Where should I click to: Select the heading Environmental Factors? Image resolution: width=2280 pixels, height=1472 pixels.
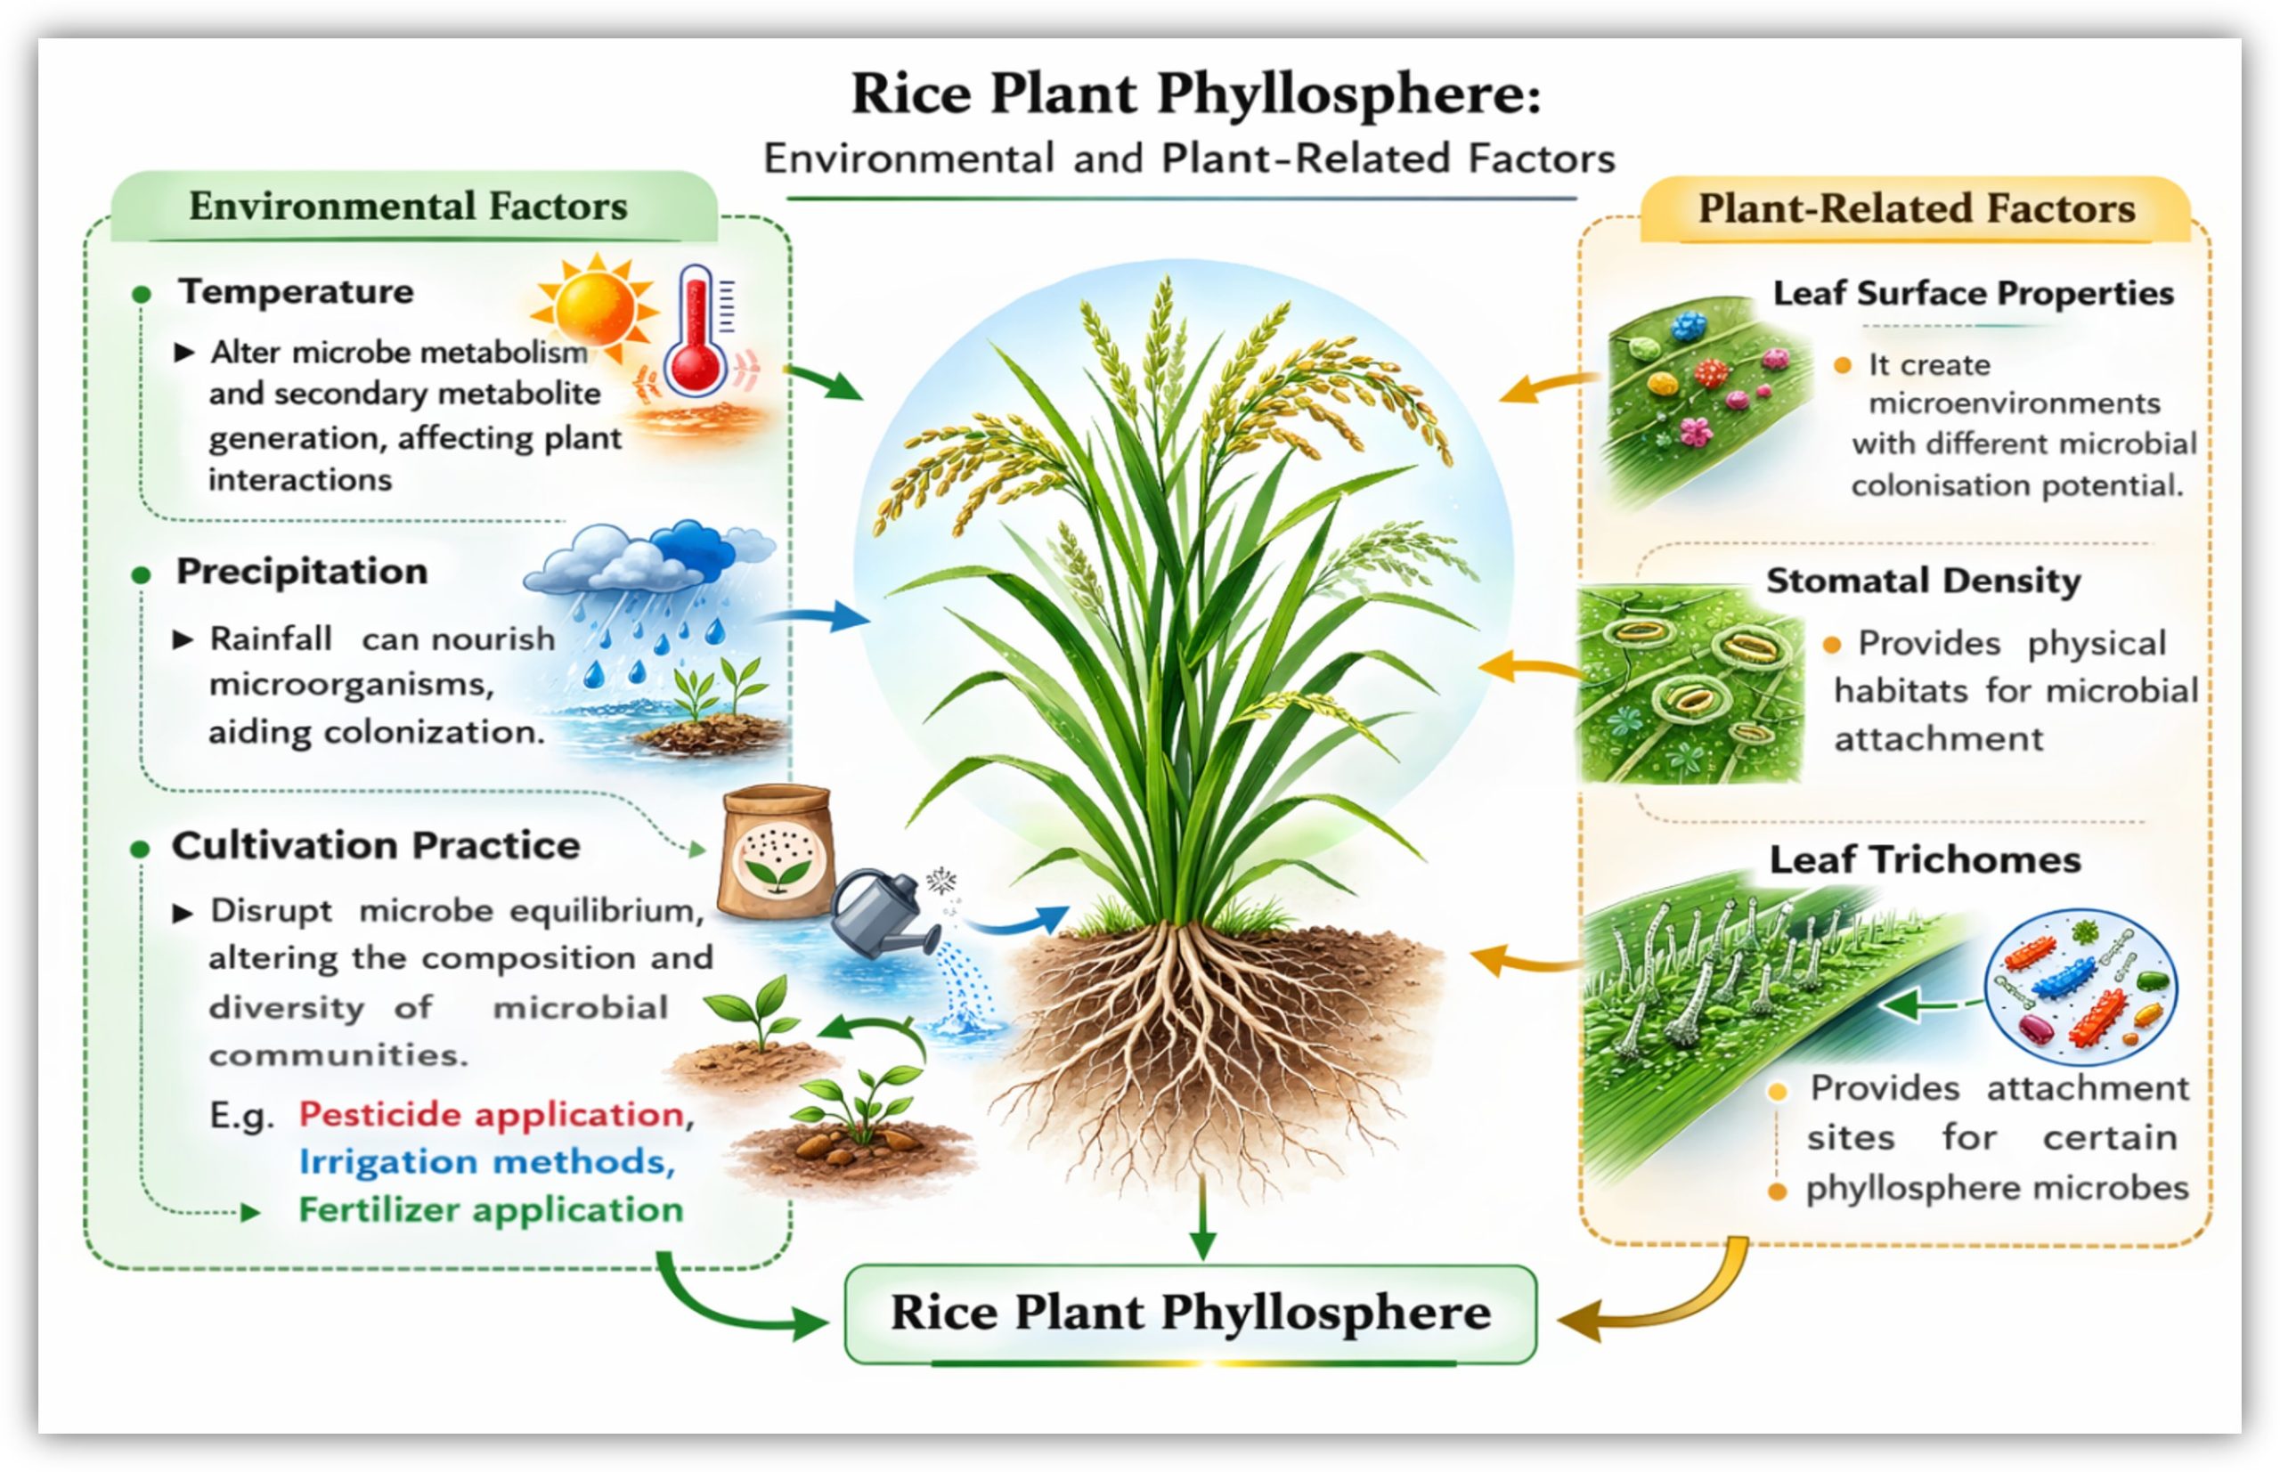click(408, 206)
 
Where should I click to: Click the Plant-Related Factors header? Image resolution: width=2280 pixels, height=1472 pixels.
click(1915, 208)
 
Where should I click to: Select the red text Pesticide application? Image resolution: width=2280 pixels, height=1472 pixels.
click(492, 1115)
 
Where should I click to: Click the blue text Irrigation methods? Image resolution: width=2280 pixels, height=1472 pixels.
click(486, 1162)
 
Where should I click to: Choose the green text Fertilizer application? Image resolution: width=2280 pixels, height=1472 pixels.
click(492, 1210)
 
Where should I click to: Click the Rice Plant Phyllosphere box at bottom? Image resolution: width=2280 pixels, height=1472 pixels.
click(1190, 1313)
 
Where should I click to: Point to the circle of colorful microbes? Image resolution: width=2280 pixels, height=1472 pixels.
click(2080, 987)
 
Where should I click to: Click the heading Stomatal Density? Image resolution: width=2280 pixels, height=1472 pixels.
click(1923, 581)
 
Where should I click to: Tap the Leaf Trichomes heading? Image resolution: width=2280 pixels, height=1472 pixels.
click(1925, 860)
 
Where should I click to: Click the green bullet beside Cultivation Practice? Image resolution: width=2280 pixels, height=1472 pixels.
click(141, 849)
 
